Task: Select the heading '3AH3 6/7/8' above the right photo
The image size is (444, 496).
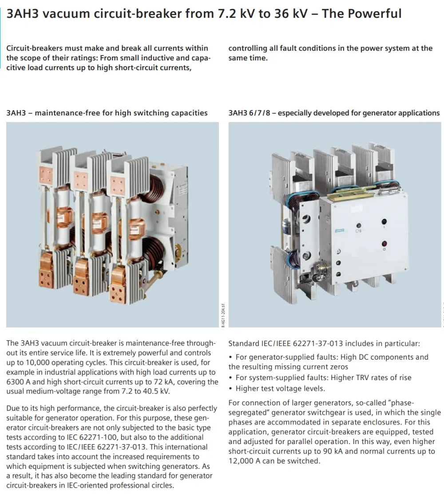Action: click(250, 113)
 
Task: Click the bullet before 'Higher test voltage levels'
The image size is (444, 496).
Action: click(231, 389)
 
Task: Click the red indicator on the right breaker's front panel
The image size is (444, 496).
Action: click(384, 244)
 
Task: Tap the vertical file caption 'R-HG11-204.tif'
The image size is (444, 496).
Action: click(223, 315)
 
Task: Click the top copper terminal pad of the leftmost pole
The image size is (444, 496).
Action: click(46, 175)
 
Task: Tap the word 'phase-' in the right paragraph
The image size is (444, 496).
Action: click(403, 403)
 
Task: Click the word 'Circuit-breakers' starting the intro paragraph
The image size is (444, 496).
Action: click(35, 48)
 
